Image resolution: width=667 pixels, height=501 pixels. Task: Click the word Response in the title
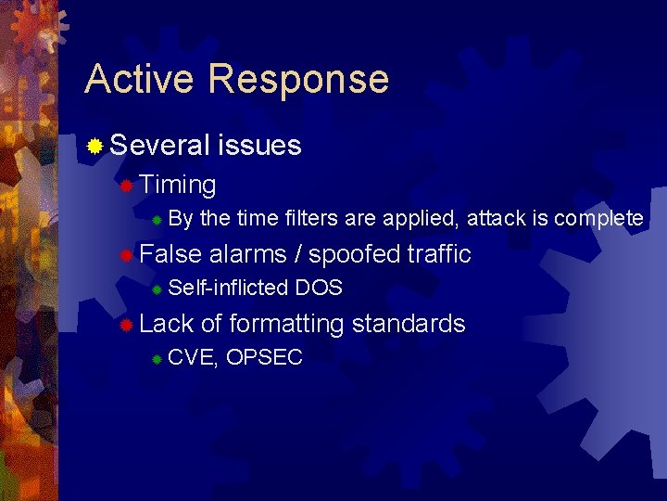pyautogui.click(x=298, y=81)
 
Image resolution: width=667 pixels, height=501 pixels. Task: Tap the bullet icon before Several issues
pyautogui.click(x=94, y=146)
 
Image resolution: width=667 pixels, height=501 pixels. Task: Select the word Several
pyautogui.click(x=159, y=145)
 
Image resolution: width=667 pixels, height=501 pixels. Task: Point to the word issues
pyautogui.click(x=259, y=145)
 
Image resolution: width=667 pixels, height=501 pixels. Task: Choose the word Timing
pyautogui.click(x=178, y=186)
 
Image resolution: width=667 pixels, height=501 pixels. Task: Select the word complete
pyautogui.click(x=599, y=219)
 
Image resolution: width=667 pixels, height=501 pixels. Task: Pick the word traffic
pyautogui.click(x=439, y=253)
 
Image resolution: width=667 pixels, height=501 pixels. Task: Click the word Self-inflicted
pyautogui.click(x=229, y=288)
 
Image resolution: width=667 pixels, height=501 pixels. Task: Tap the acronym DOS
pyautogui.click(x=319, y=288)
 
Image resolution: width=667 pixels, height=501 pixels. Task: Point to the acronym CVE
pyautogui.click(x=193, y=357)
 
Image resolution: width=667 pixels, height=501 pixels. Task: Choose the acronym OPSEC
pyautogui.click(x=264, y=357)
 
